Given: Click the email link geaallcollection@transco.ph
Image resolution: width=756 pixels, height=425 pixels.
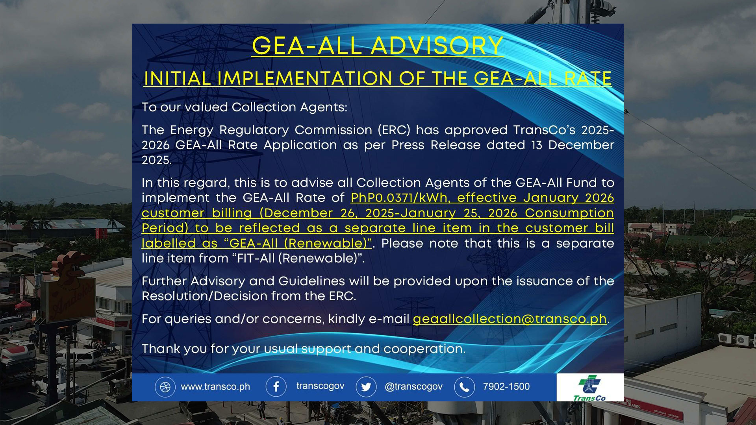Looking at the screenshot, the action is (x=510, y=319).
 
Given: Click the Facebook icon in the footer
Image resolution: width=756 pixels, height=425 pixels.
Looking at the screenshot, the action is (x=276, y=387).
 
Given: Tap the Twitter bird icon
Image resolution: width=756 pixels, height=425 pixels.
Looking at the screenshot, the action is (x=366, y=387).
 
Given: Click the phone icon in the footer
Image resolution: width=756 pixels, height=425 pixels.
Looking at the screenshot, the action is (x=464, y=387).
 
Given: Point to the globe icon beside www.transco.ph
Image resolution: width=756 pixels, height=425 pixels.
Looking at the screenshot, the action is (x=165, y=387).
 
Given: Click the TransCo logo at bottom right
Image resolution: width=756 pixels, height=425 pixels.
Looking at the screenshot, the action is (x=589, y=388).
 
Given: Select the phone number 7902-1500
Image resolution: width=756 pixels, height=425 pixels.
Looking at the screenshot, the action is (x=506, y=386).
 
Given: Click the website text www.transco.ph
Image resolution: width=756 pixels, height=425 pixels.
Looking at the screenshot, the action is (x=215, y=387).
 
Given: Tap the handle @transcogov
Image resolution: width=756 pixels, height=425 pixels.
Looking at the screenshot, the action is (x=413, y=387).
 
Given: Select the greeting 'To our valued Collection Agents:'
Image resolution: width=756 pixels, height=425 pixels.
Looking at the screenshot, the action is (x=245, y=107).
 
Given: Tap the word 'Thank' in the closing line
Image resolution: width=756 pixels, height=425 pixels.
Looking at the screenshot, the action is (x=161, y=349).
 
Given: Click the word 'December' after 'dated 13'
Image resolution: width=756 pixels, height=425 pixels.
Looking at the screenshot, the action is (x=581, y=145).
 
